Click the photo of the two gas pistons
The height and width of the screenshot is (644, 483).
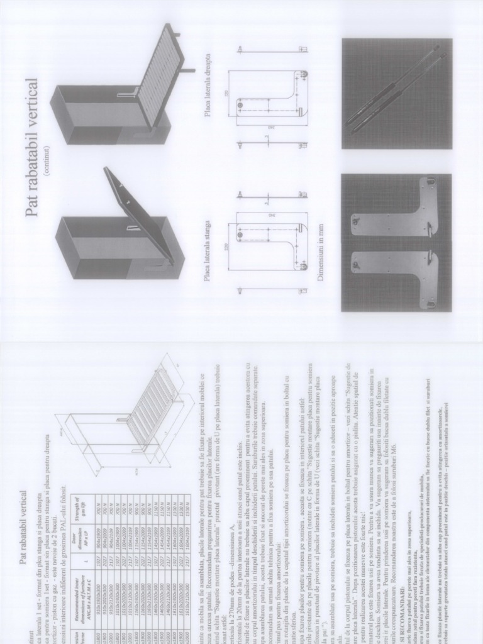[x=396, y=94]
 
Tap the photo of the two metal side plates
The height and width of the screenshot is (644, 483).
[x=396, y=241]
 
